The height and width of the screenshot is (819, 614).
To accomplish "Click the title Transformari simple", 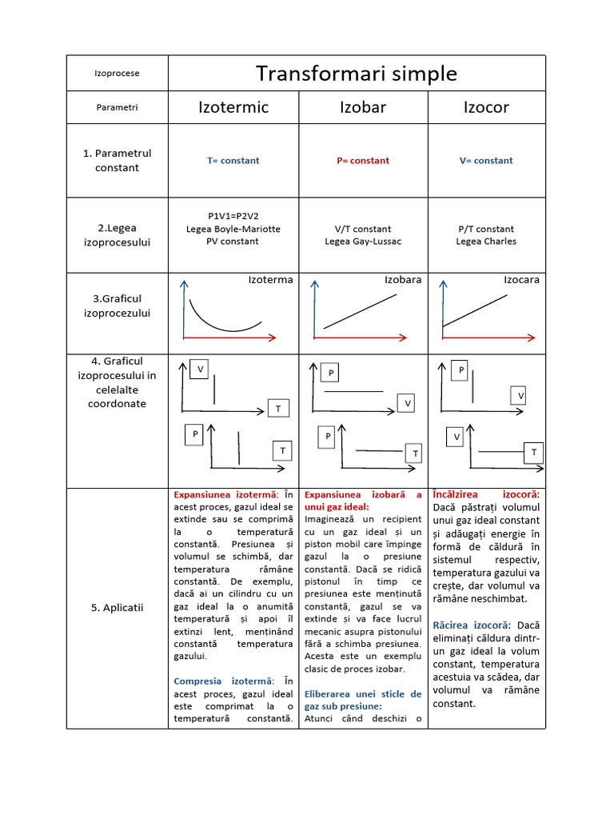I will coord(357,74).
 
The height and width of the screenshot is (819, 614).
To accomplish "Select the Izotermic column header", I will coord(233,107).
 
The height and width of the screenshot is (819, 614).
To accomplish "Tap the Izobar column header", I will coord(363,107).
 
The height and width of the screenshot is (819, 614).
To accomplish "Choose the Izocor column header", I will coord(486,107).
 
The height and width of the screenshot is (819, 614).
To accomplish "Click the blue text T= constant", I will coord(233,161).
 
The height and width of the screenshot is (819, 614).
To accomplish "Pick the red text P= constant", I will coord(363,161).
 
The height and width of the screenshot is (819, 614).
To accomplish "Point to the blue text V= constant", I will coord(486,161).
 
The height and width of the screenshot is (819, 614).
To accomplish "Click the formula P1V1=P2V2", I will coord(233,216).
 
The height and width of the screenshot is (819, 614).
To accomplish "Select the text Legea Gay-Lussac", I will coord(363,242).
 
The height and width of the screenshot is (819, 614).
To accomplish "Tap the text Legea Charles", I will coord(486,242).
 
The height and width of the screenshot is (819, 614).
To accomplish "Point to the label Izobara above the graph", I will coord(403,280).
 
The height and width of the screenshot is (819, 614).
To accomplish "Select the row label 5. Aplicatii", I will coord(117,608).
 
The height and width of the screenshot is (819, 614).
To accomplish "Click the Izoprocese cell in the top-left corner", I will coord(117,74).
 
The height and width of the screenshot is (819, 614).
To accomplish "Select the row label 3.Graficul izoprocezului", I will coord(117,306).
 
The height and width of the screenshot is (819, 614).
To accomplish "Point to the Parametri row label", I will coord(117,107).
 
